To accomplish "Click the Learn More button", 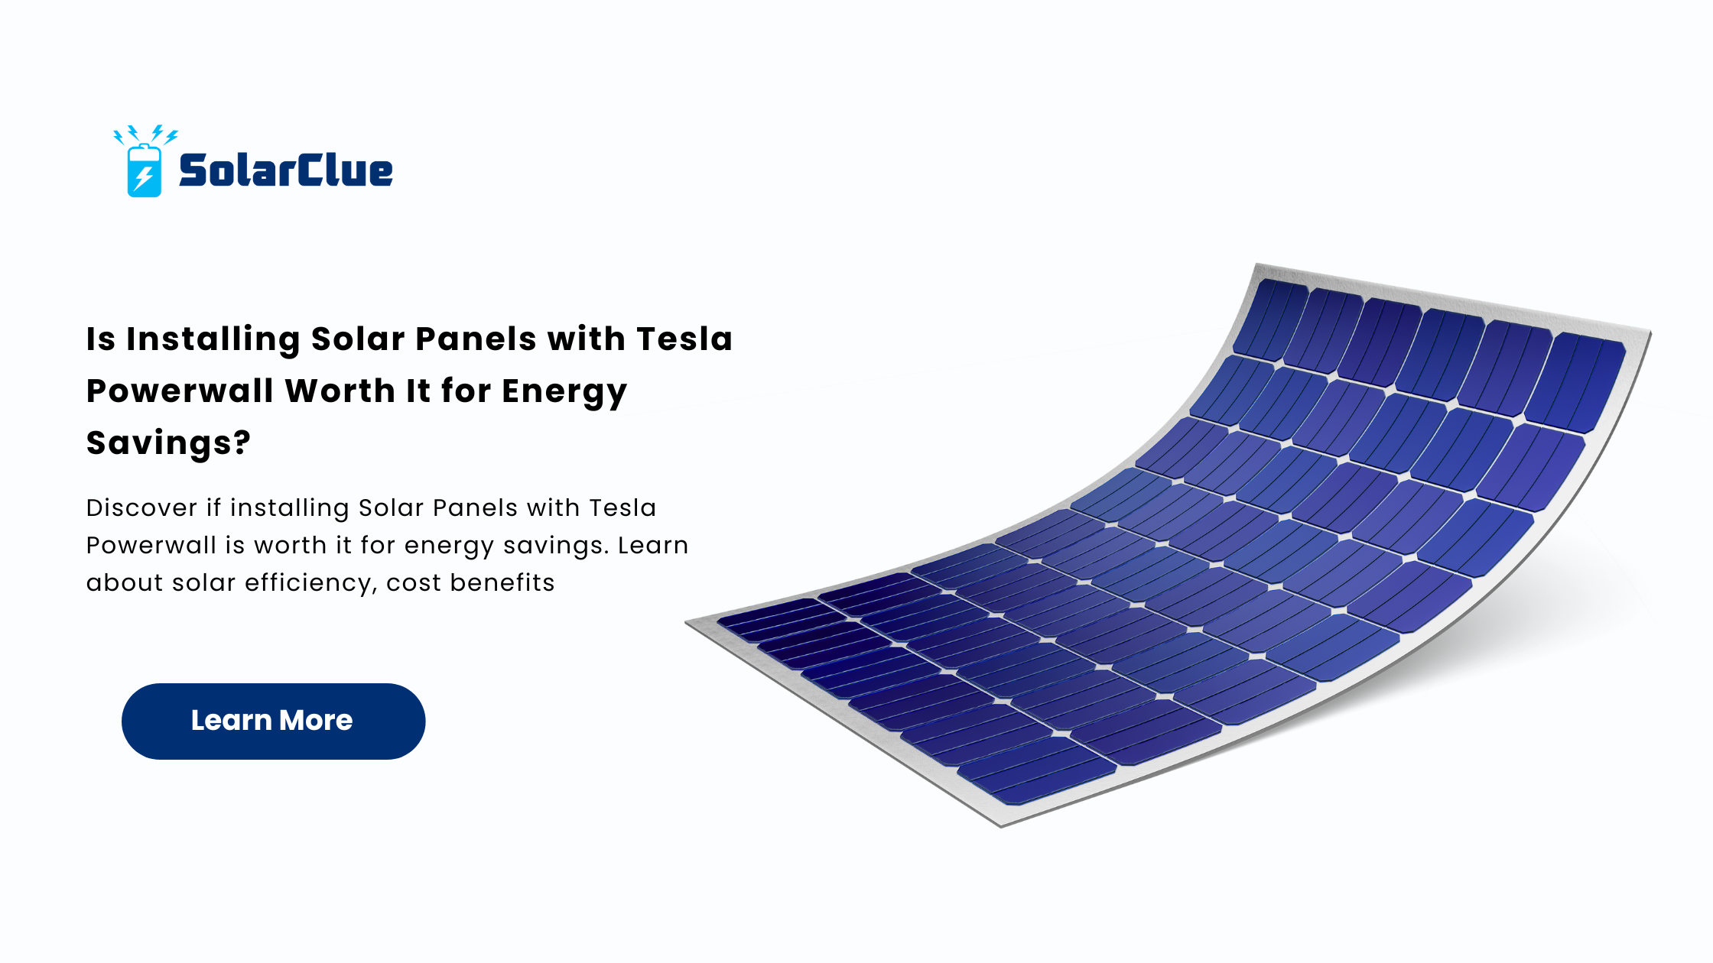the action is [x=273, y=721].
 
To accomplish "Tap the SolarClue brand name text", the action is [x=286, y=170].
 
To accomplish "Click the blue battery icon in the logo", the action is [x=144, y=170].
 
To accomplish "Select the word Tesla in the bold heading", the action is [x=684, y=339].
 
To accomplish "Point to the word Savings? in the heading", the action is [x=168, y=443].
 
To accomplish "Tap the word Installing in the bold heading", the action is [x=213, y=339].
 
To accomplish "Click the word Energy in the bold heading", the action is [x=564, y=392].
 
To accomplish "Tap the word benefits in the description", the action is [x=502, y=582].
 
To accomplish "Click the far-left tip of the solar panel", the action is [x=686, y=623].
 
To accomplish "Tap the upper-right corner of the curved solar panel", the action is [x=1650, y=331].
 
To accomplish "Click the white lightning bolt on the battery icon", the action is [x=144, y=178].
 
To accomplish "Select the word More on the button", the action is [x=316, y=720].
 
